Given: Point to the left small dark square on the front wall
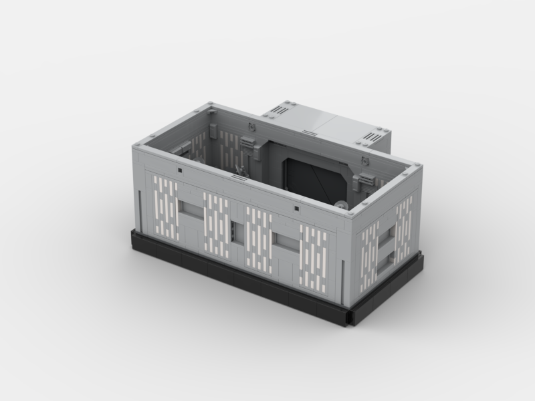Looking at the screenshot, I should [181, 172].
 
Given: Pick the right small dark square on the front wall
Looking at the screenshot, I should [294, 209].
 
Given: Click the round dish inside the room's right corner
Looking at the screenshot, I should [342, 206].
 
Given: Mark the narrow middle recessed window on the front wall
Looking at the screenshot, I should [234, 231].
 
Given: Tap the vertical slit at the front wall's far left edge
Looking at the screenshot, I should [139, 211].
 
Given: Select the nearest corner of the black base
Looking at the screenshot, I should [349, 314].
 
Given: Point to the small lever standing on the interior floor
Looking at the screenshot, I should [239, 171].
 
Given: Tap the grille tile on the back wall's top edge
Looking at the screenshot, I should [250, 125].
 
